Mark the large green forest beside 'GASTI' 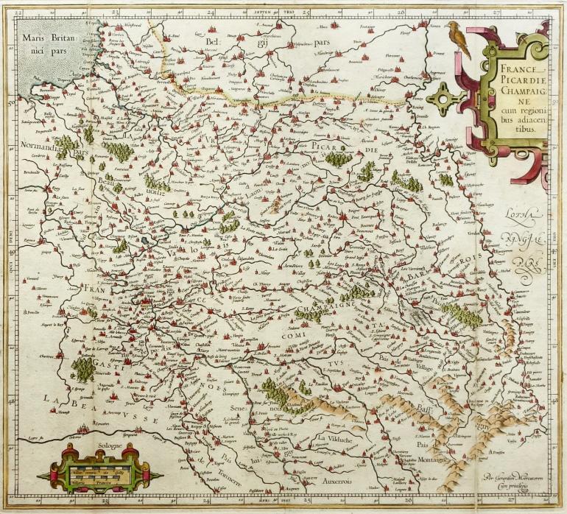tap(84, 369)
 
